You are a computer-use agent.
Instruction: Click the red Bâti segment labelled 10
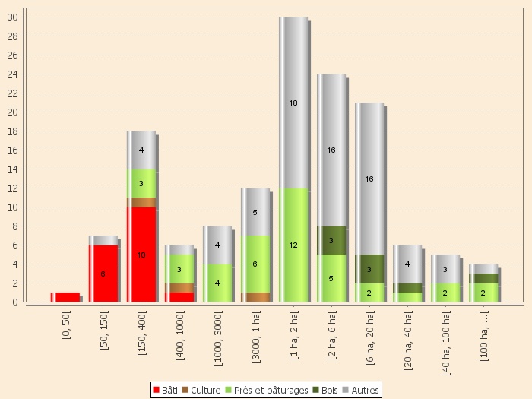pos(141,255)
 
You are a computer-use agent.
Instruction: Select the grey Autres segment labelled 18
pos(293,103)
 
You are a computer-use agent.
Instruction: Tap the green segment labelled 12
pos(293,245)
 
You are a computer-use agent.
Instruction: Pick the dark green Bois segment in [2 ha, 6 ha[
pos(331,240)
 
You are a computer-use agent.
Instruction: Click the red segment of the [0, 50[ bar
pos(65,297)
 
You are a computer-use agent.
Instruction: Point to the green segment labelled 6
pos(255,264)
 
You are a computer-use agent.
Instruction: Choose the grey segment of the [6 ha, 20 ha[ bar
pos(369,179)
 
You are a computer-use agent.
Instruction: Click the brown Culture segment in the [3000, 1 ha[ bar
pos(255,297)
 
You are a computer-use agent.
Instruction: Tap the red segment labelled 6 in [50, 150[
pos(103,274)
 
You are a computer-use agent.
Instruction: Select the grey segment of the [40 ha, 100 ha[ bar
pos(445,268)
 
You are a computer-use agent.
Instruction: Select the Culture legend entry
pos(201,390)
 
